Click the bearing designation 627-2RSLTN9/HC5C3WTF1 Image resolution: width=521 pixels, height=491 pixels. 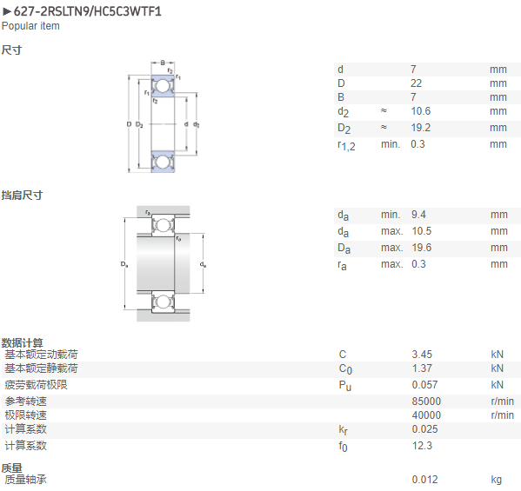pyautogui.click(x=87, y=11)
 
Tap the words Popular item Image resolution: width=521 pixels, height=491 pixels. pyautogui.click(x=30, y=26)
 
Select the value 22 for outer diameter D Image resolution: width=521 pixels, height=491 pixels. pyautogui.click(x=416, y=83)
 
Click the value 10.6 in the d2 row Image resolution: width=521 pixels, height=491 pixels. pyautogui.click(x=421, y=111)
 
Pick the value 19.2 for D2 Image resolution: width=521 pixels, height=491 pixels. pyautogui.click(x=421, y=128)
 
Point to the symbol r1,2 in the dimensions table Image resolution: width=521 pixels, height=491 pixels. pyautogui.click(x=346, y=145)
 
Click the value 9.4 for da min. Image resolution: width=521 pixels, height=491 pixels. pyautogui.click(x=418, y=215)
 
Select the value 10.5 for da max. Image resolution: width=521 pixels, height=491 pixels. pyautogui.click(x=421, y=231)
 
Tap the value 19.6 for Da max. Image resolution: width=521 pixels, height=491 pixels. pyautogui.click(x=421, y=248)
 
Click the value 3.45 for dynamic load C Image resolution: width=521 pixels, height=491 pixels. pyautogui.click(x=422, y=355)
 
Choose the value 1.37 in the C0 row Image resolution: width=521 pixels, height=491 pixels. pyautogui.click(x=422, y=368)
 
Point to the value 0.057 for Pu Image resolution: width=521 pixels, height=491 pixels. pyautogui.click(x=424, y=385)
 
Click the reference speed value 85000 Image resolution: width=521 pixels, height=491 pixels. pyautogui.click(x=426, y=401)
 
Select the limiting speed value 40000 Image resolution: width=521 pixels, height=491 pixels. pyautogui.click(x=426, y=415)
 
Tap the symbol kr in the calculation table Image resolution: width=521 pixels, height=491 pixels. pyautogui.click(x=344, y=430)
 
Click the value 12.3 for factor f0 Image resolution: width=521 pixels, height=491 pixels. pyautogui.click(x=422, y=446)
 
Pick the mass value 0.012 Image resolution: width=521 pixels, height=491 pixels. pyautogui.click(x=425, y=480)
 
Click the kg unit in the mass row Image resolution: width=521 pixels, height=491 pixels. pyautogui.click(x=497, y=480)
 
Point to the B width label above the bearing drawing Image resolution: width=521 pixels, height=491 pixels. pyautogui.click(x=163, y=63)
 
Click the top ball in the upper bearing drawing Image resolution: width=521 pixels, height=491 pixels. pyautogui.click(x=163, y=86)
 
